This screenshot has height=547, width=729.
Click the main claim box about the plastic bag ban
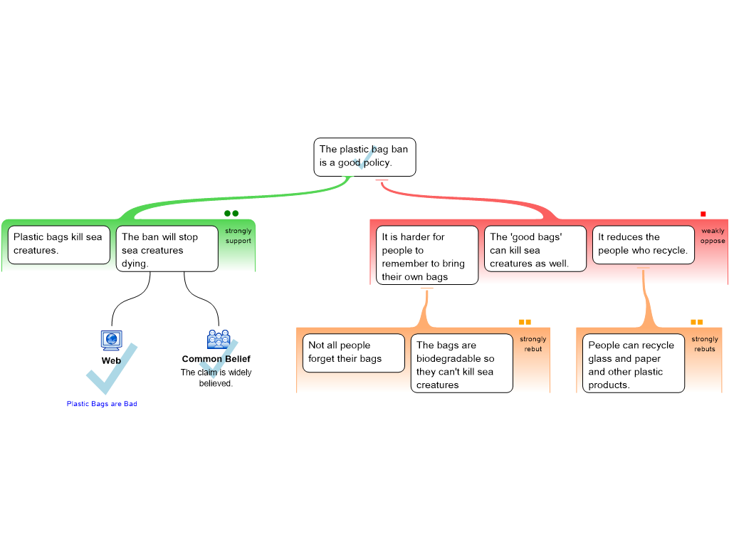(364, 157)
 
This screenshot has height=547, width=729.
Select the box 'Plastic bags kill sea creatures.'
(59, 244)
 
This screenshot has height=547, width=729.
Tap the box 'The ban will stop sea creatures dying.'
(167, 250)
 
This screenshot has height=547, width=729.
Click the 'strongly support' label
(238, 236)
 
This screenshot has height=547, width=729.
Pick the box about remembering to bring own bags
(427, 256)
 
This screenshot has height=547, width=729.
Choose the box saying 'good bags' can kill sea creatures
(535, 249)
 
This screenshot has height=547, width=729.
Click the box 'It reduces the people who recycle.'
(643, 244)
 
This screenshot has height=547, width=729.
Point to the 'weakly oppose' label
(712, 236)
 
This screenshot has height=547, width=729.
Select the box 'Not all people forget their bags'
(353, 353)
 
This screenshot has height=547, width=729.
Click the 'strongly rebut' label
(533, 344)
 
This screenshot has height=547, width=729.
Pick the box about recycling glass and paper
(633, 364)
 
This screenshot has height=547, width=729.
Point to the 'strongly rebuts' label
(705, 344)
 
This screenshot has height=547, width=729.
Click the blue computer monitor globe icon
(111, 340)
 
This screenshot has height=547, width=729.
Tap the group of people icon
(219, 339)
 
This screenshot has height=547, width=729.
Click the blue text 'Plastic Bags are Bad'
(101, 405)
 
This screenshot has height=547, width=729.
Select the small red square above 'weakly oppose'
(703, 214)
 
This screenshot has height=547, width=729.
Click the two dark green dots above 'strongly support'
(231, 213)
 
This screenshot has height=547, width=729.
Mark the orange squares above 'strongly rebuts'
(696, 322)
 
